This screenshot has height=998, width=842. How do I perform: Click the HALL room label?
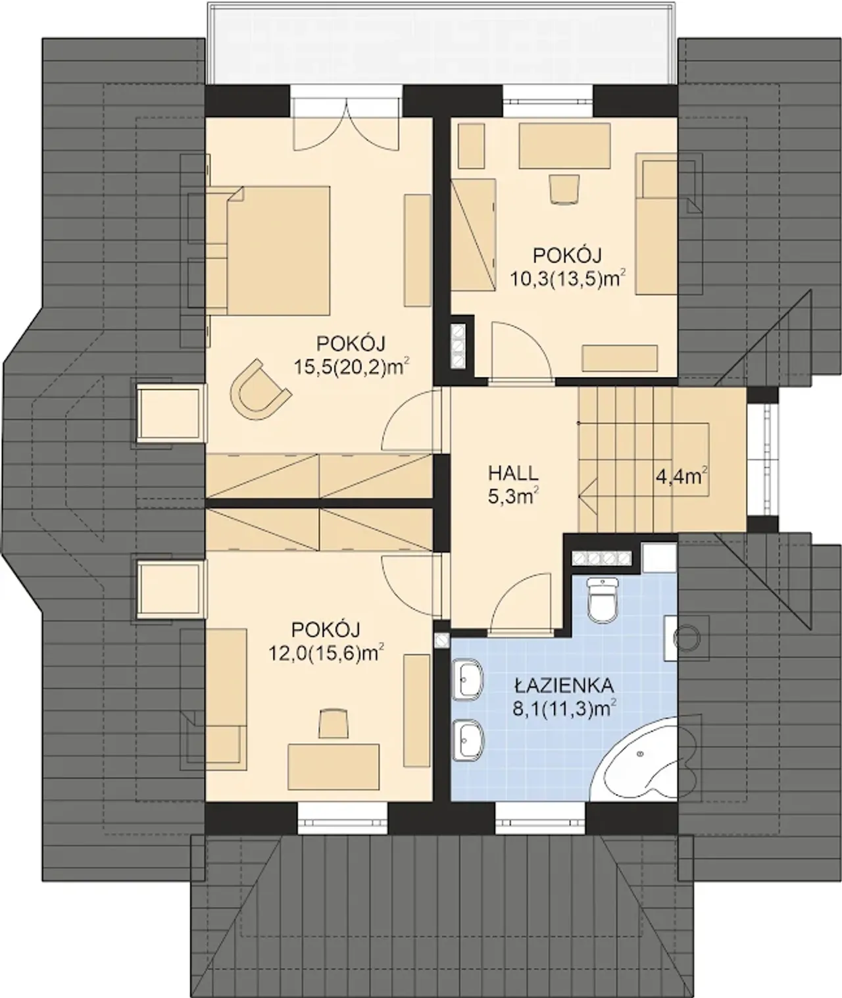[x=513, y=474]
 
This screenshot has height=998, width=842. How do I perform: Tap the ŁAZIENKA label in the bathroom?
[x=564, y=686]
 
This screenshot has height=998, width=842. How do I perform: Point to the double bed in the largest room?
[x=268, y=251]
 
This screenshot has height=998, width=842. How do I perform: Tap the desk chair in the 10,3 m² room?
[x=564, y=189]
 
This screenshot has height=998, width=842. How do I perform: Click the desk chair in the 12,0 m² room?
[x=334, y=724]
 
